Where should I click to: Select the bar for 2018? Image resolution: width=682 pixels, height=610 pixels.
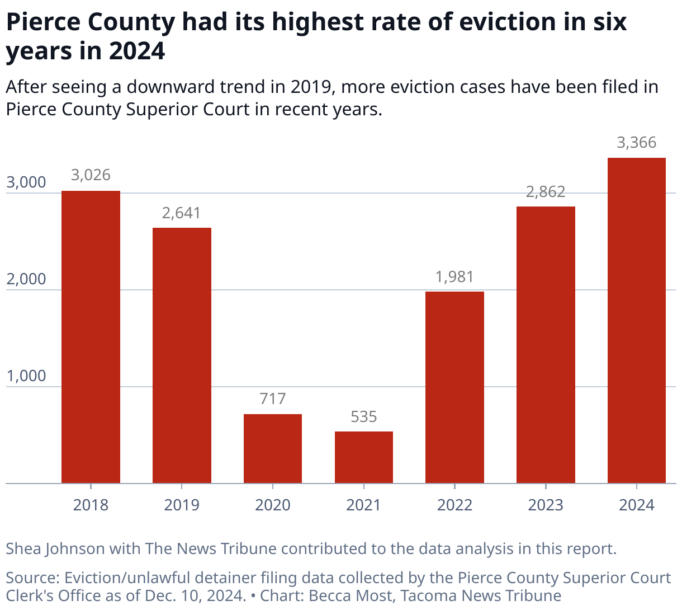[x=91, y=337]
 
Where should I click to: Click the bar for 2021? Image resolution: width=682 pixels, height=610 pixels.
[x=363, y=457]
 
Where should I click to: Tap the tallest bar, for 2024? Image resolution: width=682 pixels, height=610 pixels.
[x=636, y=320]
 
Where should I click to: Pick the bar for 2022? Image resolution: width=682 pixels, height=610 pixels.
[x=454, y=387]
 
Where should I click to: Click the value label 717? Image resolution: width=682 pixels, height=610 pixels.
[x=273, y=398]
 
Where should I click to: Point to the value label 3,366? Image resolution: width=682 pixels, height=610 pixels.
[x=636, y=143]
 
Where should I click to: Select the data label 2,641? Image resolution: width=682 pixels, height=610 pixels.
[x=182, y=213]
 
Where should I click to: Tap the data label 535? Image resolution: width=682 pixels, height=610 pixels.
[x=363, y=416]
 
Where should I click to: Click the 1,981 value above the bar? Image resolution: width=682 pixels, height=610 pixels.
[x=454, y=277]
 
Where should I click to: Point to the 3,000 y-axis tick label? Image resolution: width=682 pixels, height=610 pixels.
[x=26, y=182]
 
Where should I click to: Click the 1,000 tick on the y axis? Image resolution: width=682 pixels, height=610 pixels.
[x=26, y=376]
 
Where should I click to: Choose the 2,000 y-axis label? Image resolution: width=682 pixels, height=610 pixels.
[x=26, y=279]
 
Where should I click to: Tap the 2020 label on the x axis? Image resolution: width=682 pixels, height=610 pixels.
[x=273, y=505]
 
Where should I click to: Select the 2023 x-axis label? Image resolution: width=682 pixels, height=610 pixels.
[x=546, y=505]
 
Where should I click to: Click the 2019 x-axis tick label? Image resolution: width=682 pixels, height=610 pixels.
[x=182, y=505]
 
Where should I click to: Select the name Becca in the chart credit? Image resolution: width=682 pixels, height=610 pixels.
[x=329, y=595]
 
